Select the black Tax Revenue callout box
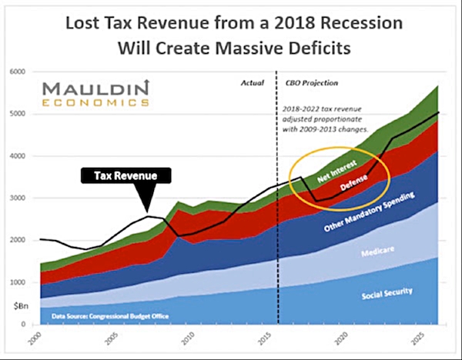[x=126, y=176]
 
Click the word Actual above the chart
[x=253, y=81]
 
